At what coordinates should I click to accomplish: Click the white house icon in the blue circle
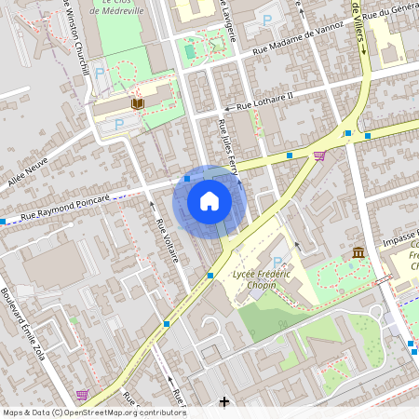click(x=209, y=201)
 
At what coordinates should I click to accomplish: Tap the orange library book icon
click(x=138, y=103)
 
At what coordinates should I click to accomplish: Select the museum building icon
click(x=358, y=252)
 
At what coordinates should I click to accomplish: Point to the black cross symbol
click(x=223, y=401)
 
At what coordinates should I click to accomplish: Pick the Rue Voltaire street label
click(x=168, y=240)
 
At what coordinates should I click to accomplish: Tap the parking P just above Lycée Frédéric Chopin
click(x=277, y=263)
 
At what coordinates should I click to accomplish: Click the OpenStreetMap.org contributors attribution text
click(x=127, y=412)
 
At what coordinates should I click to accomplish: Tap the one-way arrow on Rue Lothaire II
click(x=226, y=107)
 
